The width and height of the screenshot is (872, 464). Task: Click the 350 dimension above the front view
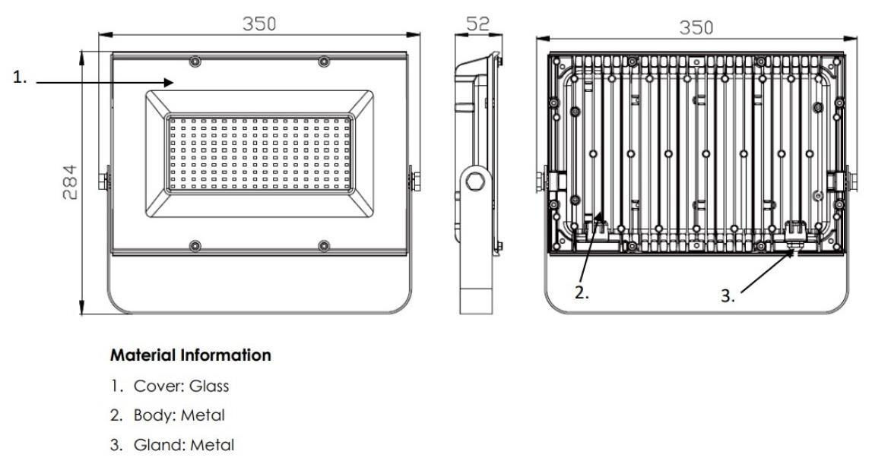(x=259, y=24)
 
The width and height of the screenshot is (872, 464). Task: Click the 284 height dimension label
(x=70, y=182)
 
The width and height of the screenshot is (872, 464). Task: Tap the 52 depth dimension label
(x=477, y=24)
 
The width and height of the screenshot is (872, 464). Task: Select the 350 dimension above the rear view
(x=696, y=27)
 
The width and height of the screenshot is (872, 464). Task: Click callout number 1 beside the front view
(x=20, y=77)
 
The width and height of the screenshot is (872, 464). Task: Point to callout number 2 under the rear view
(x=582, y=293)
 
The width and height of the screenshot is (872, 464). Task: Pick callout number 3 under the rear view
(x=728, y=295)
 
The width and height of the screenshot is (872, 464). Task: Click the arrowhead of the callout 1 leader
(x=169, y=82)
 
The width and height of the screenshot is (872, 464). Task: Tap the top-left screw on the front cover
(x=195, y=61)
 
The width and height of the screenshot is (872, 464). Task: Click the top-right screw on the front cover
(x=324, y=61)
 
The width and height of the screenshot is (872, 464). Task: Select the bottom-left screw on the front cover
(x=195, y=245)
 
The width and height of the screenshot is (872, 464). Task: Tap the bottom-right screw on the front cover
(x=324, y=245)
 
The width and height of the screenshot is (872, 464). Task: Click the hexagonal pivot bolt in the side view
(x=475, y=181)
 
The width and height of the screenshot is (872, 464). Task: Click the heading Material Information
(x=191, y=355)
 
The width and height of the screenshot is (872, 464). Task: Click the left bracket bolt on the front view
(x=103, y=181)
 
